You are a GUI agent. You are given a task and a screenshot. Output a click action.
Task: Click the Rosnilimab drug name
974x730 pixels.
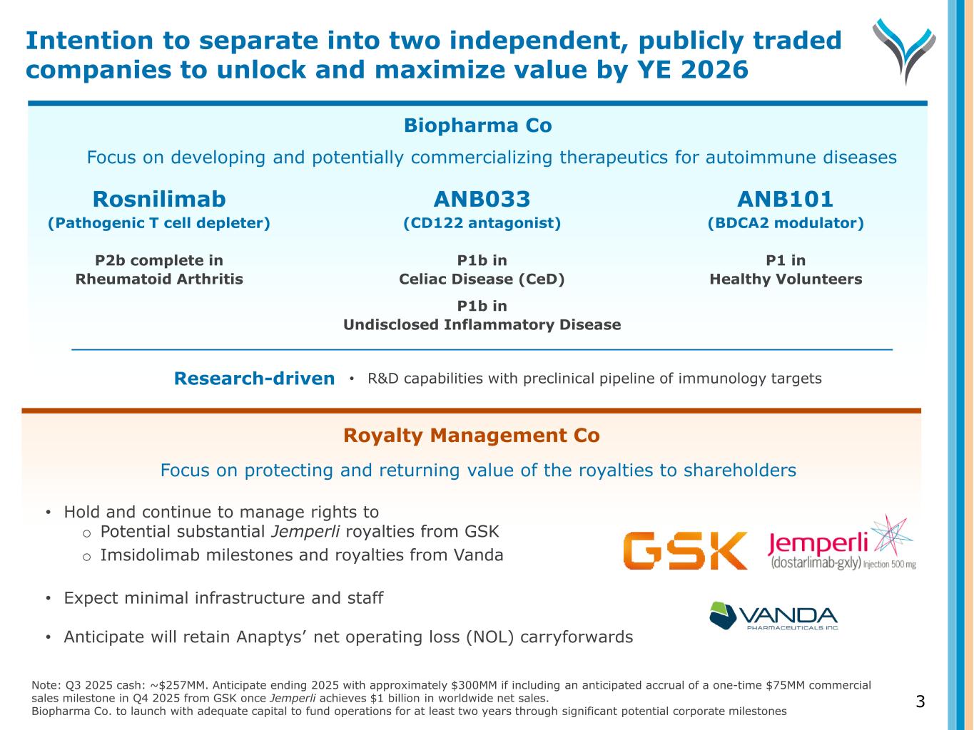159,199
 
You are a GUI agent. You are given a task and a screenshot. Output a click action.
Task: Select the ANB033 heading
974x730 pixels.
482,199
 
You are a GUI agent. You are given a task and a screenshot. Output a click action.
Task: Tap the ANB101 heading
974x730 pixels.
785,199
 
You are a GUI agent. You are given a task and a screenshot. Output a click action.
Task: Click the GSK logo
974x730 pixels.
685,550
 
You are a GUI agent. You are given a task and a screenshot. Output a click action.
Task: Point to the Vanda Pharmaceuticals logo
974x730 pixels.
773,616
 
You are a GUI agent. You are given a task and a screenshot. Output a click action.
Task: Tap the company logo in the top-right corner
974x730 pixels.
903,50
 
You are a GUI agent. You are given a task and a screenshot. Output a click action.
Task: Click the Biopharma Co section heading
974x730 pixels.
477,125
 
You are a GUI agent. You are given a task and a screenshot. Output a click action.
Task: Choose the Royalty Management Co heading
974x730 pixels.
471,436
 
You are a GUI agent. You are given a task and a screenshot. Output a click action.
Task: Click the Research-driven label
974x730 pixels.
254,379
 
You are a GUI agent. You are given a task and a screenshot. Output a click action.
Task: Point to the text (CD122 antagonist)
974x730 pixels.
482,223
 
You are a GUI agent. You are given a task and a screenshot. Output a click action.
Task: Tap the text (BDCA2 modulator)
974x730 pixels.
785,223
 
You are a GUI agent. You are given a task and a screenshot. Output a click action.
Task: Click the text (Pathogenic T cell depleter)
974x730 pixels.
159,223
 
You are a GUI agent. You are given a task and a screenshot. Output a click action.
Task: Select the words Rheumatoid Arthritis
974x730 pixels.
159,279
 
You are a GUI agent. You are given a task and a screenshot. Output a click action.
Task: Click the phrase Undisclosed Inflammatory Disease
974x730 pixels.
482,325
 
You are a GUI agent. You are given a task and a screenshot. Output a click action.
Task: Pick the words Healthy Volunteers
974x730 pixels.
785,279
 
